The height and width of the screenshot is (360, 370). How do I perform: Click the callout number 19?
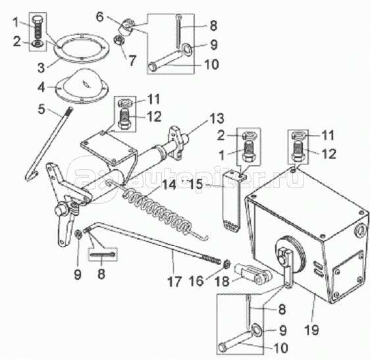click(311, 329)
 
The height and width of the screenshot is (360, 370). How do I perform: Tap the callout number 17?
click(174, 281)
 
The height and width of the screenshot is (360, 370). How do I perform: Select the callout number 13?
click(217, 118)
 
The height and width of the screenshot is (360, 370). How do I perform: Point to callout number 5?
click(41, 109)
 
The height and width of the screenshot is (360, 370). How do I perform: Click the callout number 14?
click(169, 184)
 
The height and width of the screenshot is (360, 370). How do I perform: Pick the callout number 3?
click(41, 68)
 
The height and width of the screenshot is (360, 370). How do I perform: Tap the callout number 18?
click(223, 281)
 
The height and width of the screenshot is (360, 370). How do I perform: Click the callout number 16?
click(196, 281)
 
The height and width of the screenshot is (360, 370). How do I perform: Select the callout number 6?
click(100, 17)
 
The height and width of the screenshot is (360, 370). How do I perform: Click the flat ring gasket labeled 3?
click(81, 48)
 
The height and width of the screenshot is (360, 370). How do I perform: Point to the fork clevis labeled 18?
click(252, 273)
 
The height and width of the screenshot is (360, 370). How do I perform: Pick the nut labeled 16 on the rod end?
click(226, 263)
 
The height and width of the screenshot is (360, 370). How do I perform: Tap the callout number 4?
click(41, 87)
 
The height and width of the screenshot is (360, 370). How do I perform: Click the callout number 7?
click(132, 60)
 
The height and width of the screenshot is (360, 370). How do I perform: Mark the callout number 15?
click(196, 184)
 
